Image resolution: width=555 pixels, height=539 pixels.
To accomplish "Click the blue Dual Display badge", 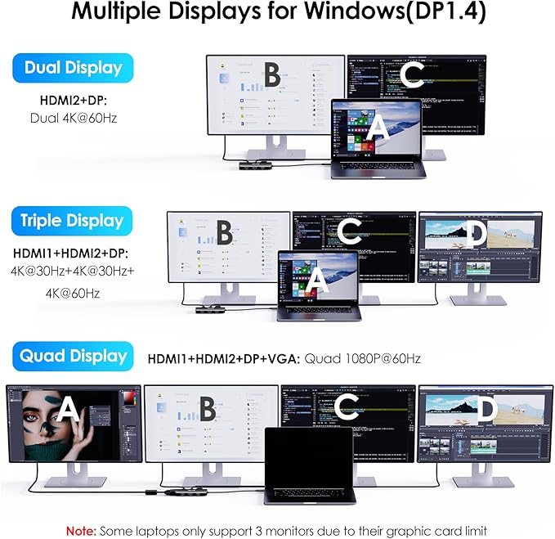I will (x=73, y=68).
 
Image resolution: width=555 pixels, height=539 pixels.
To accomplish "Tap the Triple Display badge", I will (x=73, y=220).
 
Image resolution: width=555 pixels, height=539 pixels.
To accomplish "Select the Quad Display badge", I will (x=73, y=356).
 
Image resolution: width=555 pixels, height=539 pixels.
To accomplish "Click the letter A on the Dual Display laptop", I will (x=377, y=128).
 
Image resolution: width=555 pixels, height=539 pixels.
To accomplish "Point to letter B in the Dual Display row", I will (x=272, y=76).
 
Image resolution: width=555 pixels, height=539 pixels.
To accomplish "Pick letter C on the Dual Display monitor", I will (x=413, y=76).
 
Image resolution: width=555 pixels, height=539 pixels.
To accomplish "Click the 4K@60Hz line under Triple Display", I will (x=73, y=293).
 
